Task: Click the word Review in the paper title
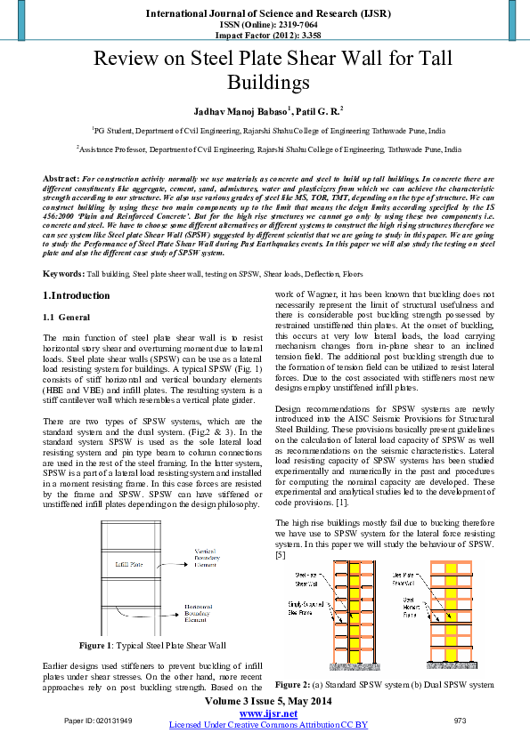(126, 59)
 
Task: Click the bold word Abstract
(61, 179)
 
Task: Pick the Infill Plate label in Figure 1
(129, 563)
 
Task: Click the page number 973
(460, 720)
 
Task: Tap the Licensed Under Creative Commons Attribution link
(268, 725)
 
